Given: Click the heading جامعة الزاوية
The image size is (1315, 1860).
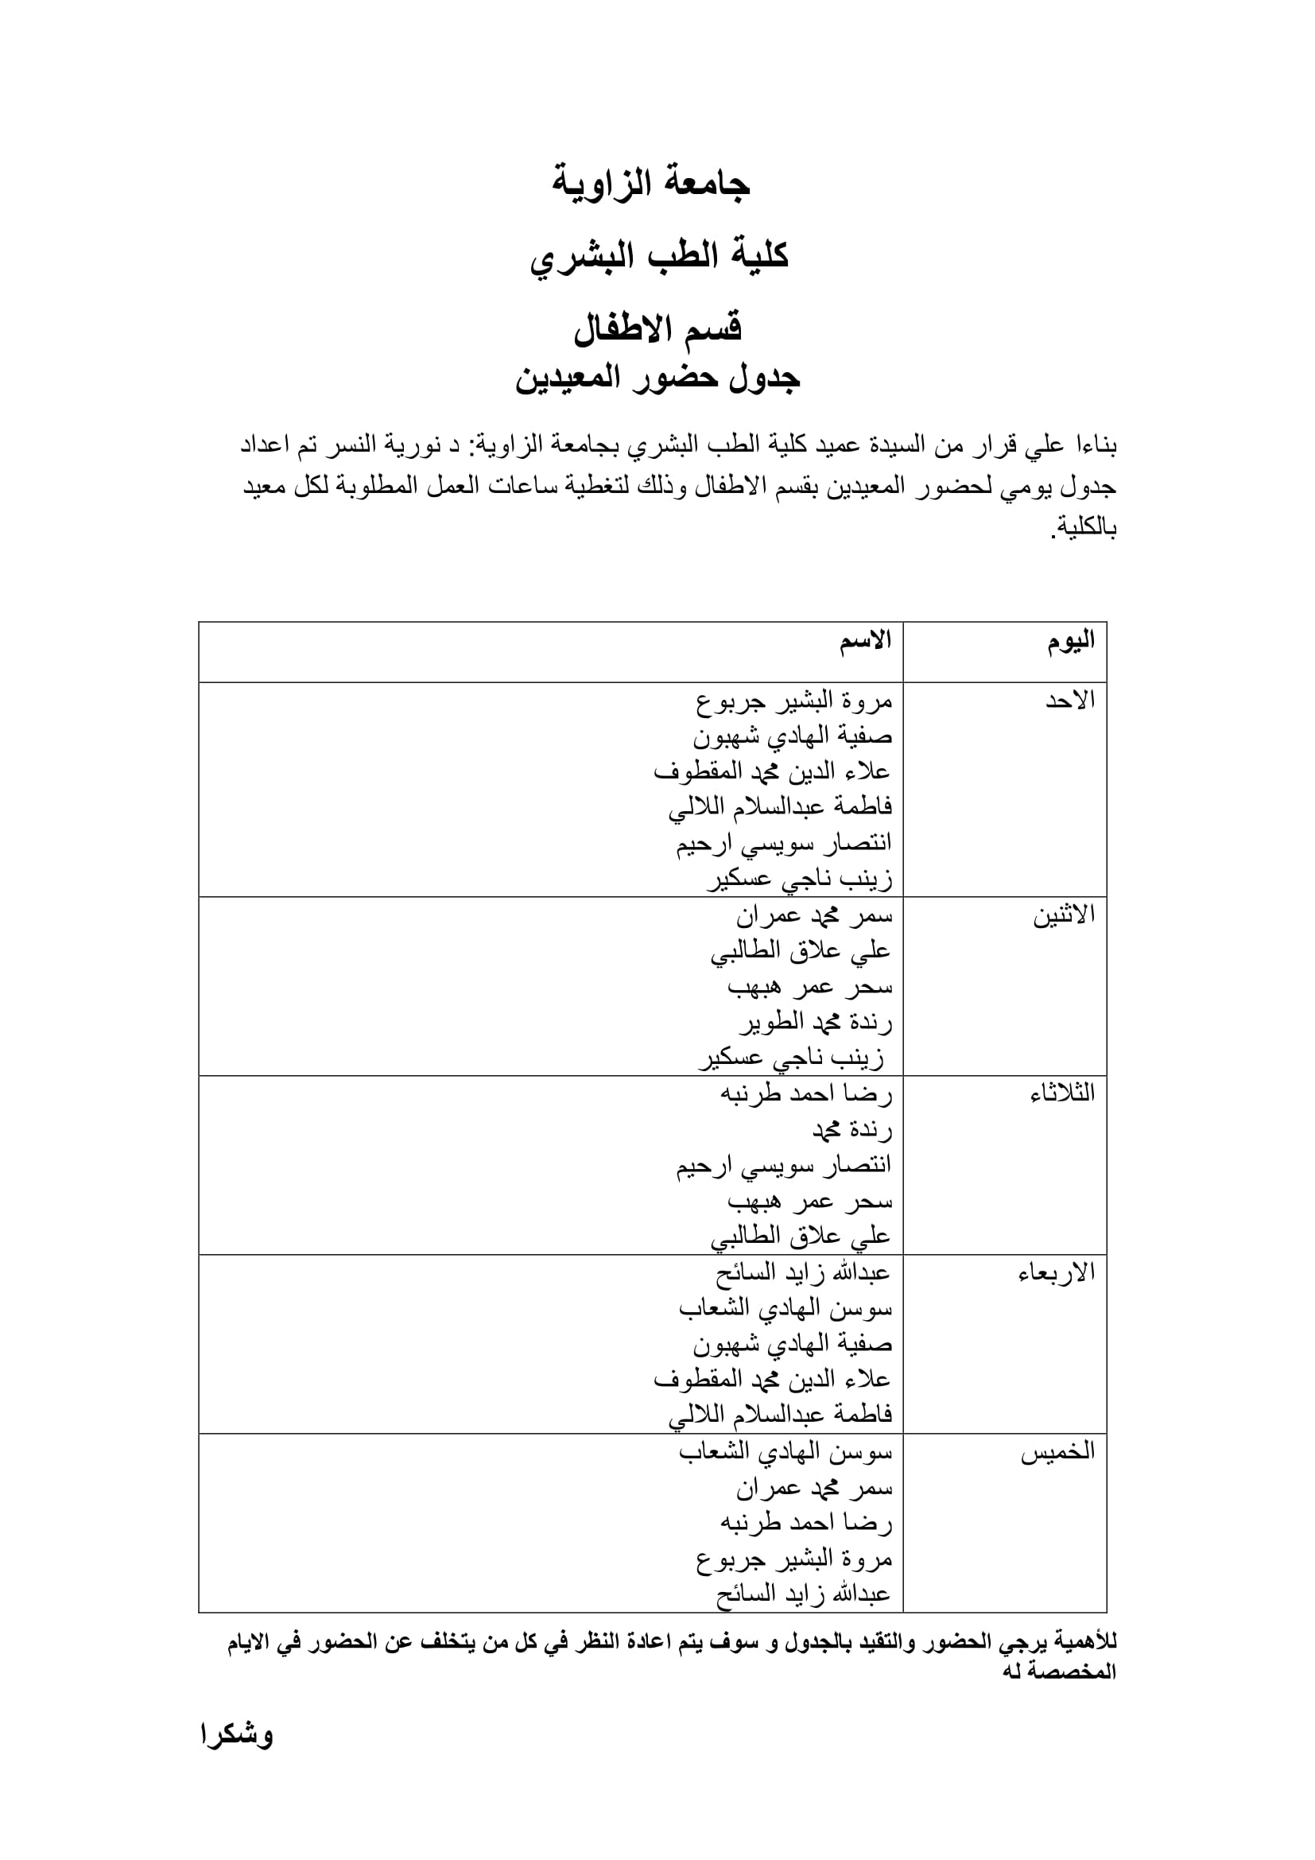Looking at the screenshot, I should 651,184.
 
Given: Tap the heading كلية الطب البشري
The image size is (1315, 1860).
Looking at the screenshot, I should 658,257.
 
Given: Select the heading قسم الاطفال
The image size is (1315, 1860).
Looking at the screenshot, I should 657,328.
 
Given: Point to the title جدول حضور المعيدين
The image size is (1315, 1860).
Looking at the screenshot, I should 657,379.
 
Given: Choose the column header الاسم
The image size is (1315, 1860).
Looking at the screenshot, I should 865,641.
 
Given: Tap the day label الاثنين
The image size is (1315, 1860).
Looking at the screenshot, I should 1063,914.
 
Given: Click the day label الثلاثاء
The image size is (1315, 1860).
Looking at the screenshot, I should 1061,1093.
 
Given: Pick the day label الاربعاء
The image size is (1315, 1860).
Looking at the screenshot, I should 1056,1272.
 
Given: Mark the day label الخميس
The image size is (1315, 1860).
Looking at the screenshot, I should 1057,1451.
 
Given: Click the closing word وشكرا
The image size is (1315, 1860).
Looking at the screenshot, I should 237,1735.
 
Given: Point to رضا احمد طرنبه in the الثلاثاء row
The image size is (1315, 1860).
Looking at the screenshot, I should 805,1094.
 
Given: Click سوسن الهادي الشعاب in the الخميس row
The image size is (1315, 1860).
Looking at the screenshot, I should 785,1453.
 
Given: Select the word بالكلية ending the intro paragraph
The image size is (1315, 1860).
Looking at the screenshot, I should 1085,529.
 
